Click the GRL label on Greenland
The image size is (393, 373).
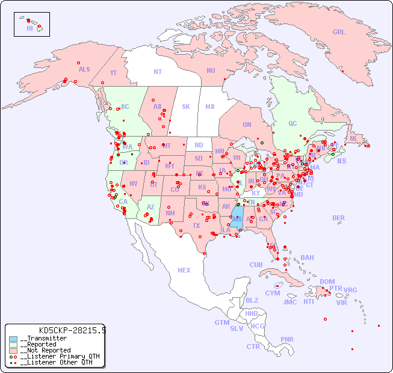[x=339, y=32]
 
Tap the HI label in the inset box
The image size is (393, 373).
[x=29, y=28]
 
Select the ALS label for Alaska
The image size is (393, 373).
[x=84, y=70]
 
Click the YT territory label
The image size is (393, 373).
[x=113, y=73]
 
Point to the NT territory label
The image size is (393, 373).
[x=157, y=72]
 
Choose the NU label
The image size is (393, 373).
[x=211, y=70]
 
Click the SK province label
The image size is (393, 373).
[x=186, y=107]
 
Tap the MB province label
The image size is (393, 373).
[x=209, y=107]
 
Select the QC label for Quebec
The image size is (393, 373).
[x=292, y=124]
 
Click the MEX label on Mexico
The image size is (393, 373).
[x=184, y=271]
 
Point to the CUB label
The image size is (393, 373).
[x=256, y=265]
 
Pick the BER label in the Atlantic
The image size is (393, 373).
[x=338, y=218]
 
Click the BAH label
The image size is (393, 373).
[x=307, y=257]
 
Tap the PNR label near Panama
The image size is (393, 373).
[x=287, y=339]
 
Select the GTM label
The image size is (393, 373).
[x=221, y=323]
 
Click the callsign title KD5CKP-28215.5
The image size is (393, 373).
[x=72, y=330]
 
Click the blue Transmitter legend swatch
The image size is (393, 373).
[x=14, y=339]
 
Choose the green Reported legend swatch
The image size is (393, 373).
[x=14, y=345]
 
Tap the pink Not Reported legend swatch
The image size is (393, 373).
[x=14, y=350]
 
